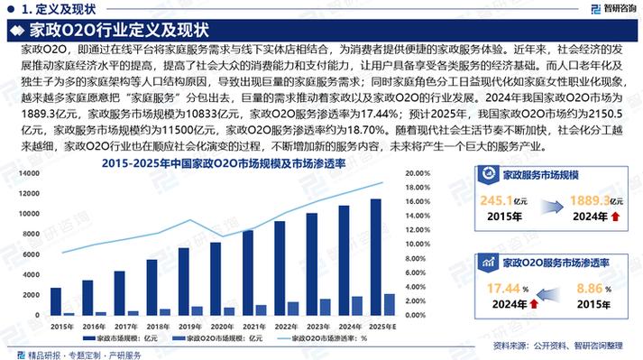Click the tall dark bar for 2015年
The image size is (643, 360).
tap(56, 301)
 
